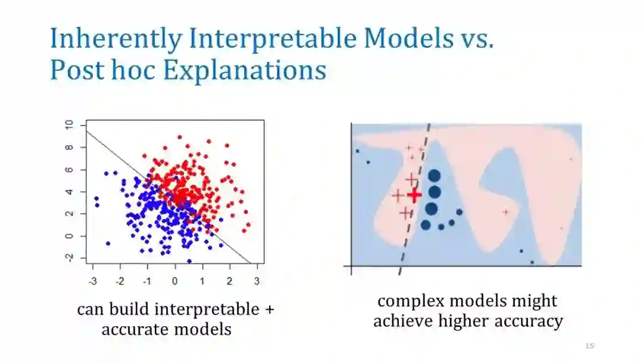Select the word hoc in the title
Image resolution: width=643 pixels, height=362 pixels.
pyautogui.click(x=133, y=70)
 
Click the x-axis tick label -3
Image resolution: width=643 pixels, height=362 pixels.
pyautogui.click(x=93, y=281)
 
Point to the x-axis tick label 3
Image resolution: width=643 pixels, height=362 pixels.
pyautogui.click(x=257, y=281)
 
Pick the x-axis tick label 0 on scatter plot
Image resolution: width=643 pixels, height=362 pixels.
pyautogui.click(x=174, y=281)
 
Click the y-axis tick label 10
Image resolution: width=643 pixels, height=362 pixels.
pyautogui.click(x=69, y=124)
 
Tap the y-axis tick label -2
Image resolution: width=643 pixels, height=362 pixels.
pyautogui.click(x=69, y=257)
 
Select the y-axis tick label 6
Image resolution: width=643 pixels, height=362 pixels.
pyautogui.click(x=69, y=169)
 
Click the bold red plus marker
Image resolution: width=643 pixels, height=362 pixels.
pyautogui.click(x=414, y=195)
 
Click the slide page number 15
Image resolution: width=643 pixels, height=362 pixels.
pyautogui.click(x=589, y=346)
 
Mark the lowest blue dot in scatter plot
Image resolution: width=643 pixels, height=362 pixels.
pyautogui.click(x=189, y=261)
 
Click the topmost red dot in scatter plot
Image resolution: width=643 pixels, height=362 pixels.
pyautogui.click(x=180, y=138)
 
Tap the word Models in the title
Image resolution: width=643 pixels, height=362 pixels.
pyautogui.click(x=409, y=38)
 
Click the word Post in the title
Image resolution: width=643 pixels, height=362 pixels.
pyautogui.click(x=77, y=70)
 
